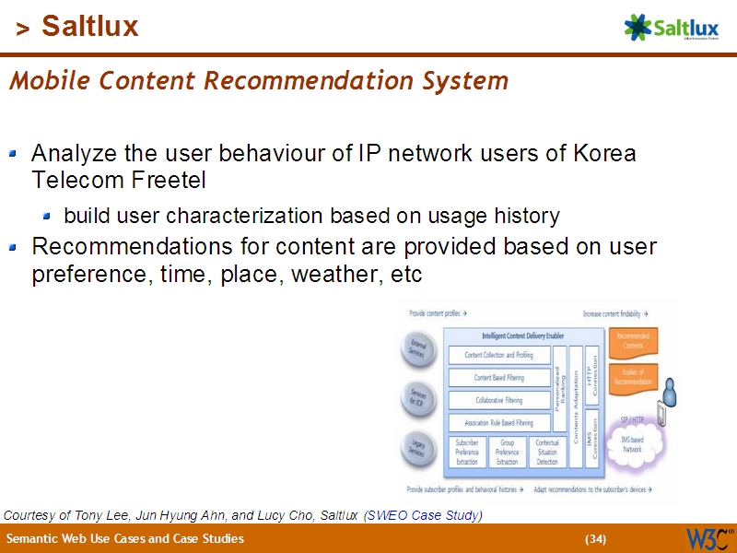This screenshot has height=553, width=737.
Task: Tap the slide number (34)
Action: (595, 538)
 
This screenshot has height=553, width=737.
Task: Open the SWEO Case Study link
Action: (423, 514)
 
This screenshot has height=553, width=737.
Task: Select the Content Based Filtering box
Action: (498, 378)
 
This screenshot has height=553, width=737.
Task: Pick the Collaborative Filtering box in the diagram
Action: (498, 400)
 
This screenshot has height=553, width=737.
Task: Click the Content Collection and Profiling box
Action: (498, 355)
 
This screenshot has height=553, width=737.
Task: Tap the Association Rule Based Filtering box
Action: (498, 423)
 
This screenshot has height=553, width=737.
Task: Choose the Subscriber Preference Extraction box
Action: (467, 453)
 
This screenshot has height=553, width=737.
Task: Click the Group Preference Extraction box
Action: (507, 453)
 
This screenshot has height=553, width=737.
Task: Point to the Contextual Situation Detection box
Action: (547, 453)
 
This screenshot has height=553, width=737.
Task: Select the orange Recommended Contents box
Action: (632, 341)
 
